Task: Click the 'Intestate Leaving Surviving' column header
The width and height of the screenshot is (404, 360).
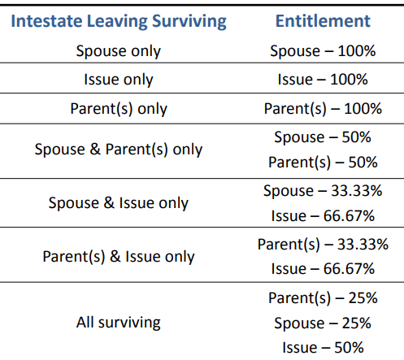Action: (119, 21)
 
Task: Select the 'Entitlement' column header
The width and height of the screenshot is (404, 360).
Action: (323, 21)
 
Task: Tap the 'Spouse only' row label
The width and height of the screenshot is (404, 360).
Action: (119, 51)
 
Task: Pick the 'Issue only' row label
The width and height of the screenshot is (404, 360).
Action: (119, 80)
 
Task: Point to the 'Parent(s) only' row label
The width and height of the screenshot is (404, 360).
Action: (119, 108)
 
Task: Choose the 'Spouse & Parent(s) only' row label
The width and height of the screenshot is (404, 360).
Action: (119, 150)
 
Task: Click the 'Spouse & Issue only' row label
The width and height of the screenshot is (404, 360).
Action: (119, 203)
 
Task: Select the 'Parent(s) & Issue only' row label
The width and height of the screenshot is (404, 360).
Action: (119, 257)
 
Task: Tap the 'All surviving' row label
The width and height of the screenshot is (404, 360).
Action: (119, 322)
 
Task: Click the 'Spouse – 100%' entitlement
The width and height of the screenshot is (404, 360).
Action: (323, 51)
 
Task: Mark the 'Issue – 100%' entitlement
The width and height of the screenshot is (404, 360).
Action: (323, 80)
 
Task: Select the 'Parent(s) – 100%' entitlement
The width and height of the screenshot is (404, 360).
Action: (323, 108)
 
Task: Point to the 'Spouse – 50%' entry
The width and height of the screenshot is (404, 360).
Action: (323, 137)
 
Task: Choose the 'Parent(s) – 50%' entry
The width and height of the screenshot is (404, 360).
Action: (323, 163)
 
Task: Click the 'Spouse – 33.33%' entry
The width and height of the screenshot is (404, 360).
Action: (323, 191)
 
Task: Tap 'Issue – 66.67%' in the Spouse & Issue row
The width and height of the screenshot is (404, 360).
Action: (323, 216)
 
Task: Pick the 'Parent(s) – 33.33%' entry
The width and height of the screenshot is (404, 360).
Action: (323, 244)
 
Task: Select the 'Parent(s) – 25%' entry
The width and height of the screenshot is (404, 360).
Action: (323, 297)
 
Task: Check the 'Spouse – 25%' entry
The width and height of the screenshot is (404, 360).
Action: (323, 323)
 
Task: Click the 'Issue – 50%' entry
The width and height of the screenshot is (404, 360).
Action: (323, 348)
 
